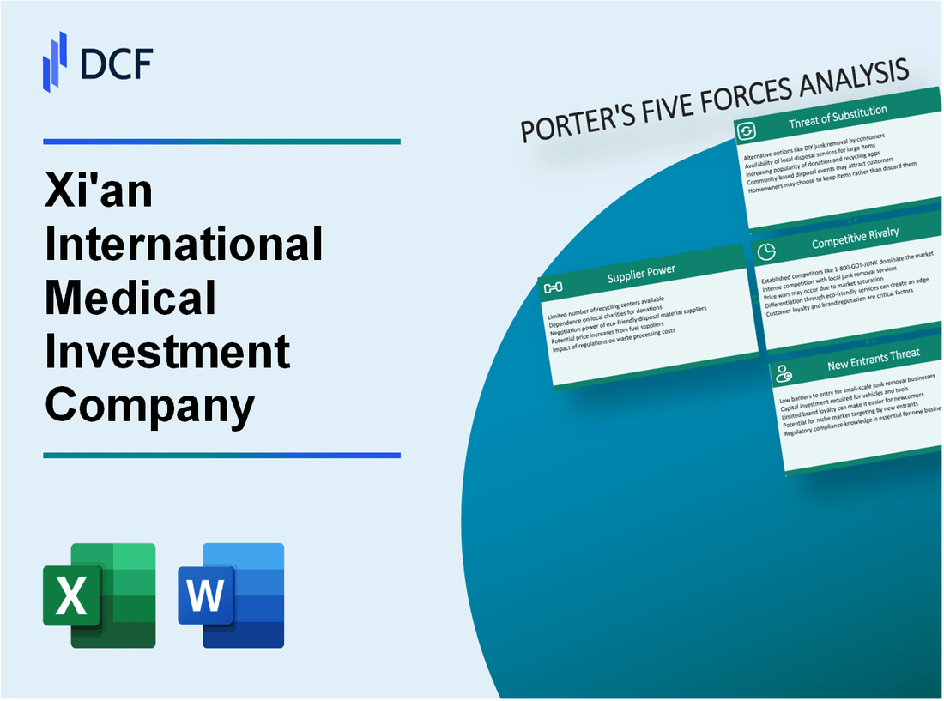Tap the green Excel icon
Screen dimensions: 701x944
click(100, 595)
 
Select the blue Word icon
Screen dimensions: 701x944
click(231, 595)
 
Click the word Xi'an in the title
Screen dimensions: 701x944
click(99, 191)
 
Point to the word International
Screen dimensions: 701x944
click(184, 245)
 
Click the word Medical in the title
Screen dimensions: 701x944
click(130, 298)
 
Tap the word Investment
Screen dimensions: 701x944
click(167, 351)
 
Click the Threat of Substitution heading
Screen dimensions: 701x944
click(838, 118)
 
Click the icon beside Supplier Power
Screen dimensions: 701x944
click(554, 287)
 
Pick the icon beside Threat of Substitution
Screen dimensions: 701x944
click(747, 130)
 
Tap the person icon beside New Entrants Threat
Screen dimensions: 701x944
click(784, 372)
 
